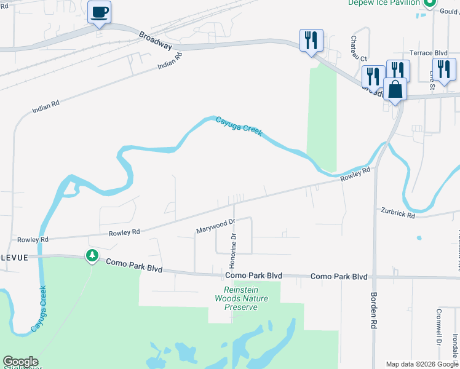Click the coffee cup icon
click(x=100, y=12)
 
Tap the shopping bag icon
click(x=395, y=89)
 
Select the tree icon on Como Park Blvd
click(x=92, y=255)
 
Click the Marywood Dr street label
click(x=216, y=226)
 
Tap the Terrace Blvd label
click(x=428, y=54)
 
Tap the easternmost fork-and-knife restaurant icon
click(x=444, y=69)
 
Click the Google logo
click(x=20, y=362)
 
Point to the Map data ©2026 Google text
click(x=422, y=364)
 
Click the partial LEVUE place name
click(x=14, y=258)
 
